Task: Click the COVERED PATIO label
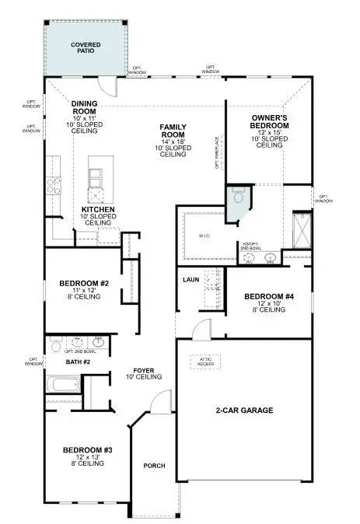pyautogui.click(x=86, y=49)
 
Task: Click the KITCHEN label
pyautogui.click(x=99, y=210)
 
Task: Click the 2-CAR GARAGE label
pyautogui.click(x=243, y=410)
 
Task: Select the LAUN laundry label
pyautogui.click(x=191, y=279)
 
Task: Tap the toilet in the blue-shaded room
pyautogui.click(x=239, y=197)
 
